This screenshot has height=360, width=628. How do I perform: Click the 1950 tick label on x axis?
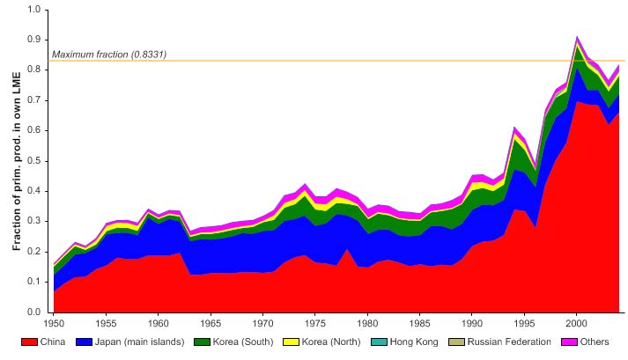(x=55, y=322)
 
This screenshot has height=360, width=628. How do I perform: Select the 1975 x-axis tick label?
(x=315, y=322)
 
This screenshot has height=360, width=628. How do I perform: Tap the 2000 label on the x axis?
(x=577, y=322)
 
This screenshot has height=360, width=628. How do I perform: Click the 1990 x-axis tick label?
(x=472, y=322)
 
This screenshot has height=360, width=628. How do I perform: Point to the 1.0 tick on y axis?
(x=34, y=9)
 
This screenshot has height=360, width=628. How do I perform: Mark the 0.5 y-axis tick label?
(x=34, y=161)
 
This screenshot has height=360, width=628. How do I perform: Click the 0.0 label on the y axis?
(x=34, y=312)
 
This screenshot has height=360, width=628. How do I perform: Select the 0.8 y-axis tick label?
(x=34, y=70)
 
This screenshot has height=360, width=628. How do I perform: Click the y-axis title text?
(x=17, y=160)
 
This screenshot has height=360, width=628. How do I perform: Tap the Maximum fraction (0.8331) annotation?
(x=109, y=55)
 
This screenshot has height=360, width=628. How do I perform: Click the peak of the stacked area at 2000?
(x=577, y=37)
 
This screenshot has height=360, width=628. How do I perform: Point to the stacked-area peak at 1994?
(x=514, y=128)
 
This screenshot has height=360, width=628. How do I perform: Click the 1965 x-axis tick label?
(x=211, y=322)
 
